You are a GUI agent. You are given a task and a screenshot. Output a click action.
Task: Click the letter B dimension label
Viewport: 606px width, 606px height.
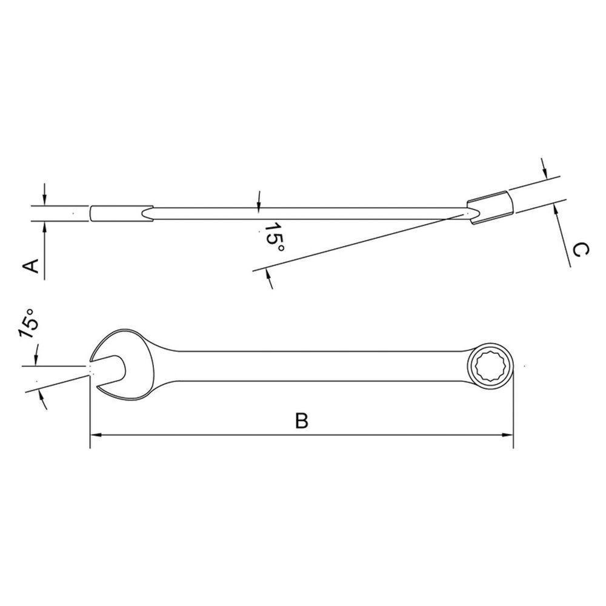301,421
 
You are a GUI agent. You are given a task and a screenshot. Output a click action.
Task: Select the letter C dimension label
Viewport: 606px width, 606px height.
579,249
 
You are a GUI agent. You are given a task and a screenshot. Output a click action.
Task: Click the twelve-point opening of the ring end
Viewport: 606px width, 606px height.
490,366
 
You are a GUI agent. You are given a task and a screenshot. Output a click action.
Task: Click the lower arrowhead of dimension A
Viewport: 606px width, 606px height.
45,227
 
